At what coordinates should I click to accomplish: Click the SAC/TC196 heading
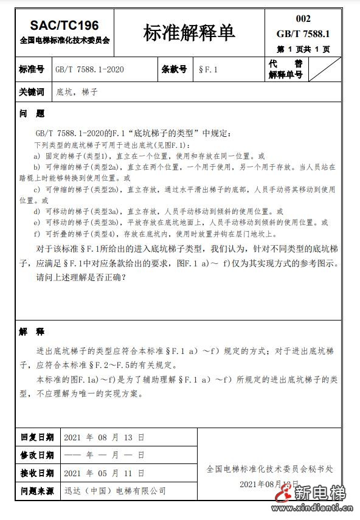[x=64, y=25]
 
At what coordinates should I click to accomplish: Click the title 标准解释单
[x=189, y=33]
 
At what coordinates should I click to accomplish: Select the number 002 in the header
[x=303, y=19]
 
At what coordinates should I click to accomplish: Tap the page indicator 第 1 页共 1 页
[x=303, y=49]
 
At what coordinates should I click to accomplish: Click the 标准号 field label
[x=32, y=69]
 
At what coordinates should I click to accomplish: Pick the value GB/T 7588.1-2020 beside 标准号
[x=89, y=69]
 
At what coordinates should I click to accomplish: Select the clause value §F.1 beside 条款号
[x=208, y=69]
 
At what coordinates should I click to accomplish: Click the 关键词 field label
[x=32, y=92]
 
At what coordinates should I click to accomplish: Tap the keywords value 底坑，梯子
[x=77, y=92]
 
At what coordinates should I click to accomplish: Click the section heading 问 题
[x=32, y=114]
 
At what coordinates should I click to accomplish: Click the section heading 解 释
[x=32, y=332]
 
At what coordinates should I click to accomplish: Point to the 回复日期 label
[x=37, y=437]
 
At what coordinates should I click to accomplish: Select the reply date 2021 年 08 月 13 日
[x=104, y=437]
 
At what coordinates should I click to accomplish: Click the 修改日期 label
[x=37, y=455]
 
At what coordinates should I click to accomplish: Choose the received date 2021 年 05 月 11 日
[x=104, y=473]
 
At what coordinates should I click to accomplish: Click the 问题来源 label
[x=37, y=490]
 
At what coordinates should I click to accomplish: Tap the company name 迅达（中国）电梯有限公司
[x=115, y=490]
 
